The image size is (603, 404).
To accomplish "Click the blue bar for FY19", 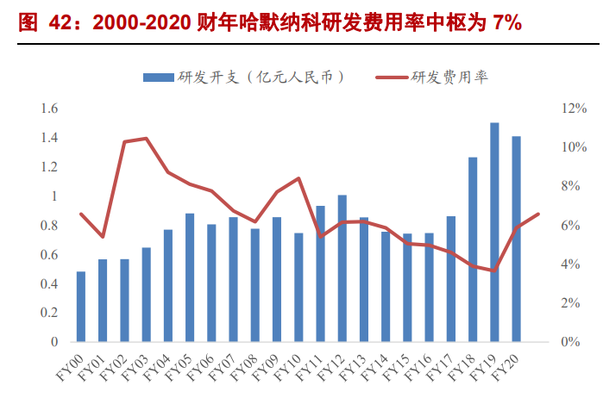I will tap(494, 233).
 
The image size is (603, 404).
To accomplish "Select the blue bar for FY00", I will tap(81, 307).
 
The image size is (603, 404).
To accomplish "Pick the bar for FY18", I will tap(473, 250).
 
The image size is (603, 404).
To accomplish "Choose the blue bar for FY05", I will tap(190, 277).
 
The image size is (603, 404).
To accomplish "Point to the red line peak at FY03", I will tap(146, 138).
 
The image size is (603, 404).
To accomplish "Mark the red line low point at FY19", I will tap(494, 270).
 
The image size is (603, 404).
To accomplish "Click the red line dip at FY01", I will tap(103, 236).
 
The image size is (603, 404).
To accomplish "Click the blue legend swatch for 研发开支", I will tap(158, 78).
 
